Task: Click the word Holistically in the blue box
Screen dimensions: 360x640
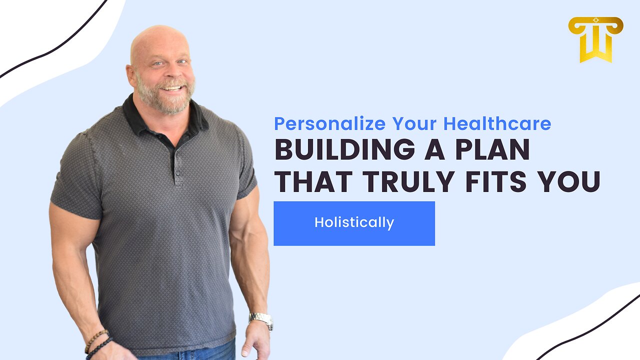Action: [x=354, y=223]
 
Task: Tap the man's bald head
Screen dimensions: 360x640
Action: [x=159, y=42]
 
